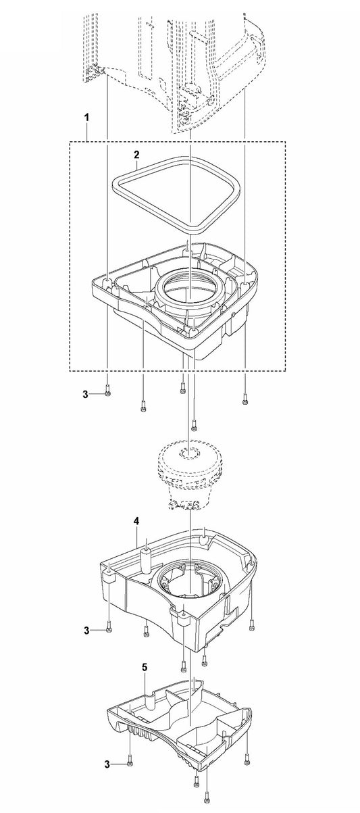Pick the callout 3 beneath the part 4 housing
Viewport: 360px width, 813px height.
tap(86, 630)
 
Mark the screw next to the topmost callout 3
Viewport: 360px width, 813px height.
tap(108, 393)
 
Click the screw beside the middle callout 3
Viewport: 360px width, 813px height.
tap(109, 630)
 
